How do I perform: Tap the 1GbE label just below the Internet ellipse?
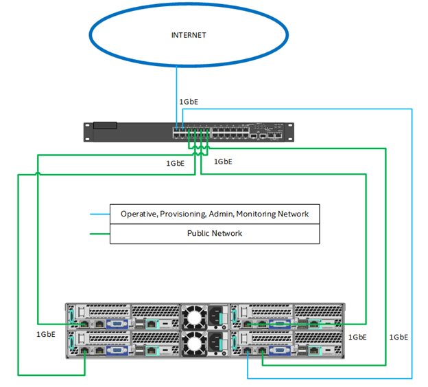coord(189,102)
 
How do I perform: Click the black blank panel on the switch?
coord(105,126)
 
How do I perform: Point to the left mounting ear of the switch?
coord(87,131)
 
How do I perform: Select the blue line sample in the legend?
coord(100,214)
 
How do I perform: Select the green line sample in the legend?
coord(100,234)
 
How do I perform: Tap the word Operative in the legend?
coord(139,214)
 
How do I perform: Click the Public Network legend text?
coord(215,234)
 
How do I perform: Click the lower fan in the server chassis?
coord(195,342)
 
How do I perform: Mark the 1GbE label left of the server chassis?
coord(46,335)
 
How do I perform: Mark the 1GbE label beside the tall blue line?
coord(399,337)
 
